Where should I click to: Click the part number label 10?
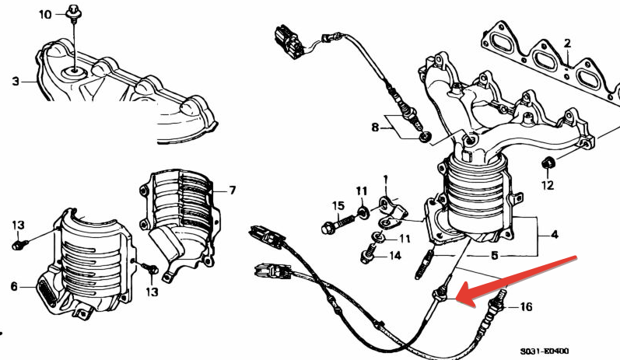coord(45,15)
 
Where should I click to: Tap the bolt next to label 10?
coord(73,12)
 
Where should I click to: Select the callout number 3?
coord(16,82)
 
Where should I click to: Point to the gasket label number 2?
coord(567,43)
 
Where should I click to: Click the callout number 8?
coord(375,128)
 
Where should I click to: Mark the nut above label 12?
coord(547,163)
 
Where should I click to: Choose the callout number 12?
coord(548,184)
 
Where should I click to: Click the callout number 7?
coord(233,190)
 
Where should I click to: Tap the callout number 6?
coord(14,286)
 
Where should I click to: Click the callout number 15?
coord(338,206)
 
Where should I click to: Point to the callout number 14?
coord(395,256)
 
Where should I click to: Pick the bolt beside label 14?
coord(369,253)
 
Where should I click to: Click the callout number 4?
coord(555,235)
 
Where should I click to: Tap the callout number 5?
coord(494,256)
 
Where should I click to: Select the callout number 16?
coord(526,306)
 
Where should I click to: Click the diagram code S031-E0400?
coord(545,351)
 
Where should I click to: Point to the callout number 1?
coord(386,181)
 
